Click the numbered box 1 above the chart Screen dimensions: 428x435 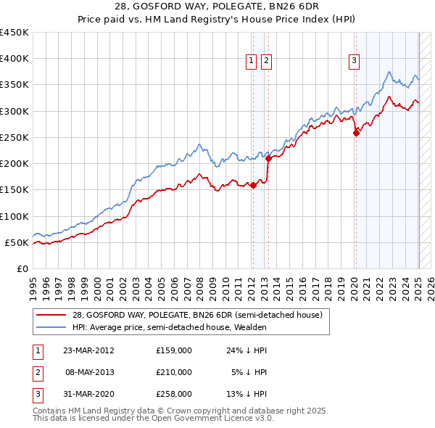(251, 62)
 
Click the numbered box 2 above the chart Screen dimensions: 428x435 (266, 62)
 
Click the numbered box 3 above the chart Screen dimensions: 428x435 (355, 62)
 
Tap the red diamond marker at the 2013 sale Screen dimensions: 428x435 (268, 157)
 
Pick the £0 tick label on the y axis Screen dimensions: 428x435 (22, 268)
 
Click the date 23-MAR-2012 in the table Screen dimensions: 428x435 (88, 350)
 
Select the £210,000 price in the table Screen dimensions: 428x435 (174, 372)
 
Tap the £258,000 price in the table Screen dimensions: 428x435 (174, 394)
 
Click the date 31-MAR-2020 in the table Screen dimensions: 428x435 (88, 394)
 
